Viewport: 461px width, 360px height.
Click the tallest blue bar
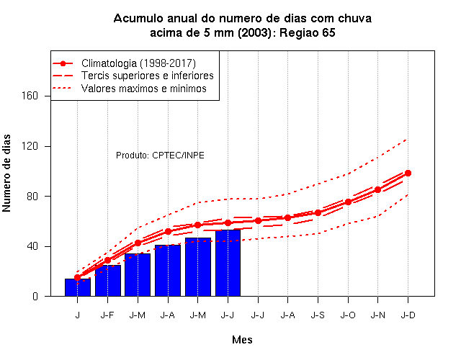[228, 263]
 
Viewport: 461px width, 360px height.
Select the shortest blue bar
[78, 287]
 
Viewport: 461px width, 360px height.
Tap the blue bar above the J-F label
[108, 281]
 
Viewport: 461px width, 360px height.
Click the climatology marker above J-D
[408, 173]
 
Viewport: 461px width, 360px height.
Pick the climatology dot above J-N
[377, 190]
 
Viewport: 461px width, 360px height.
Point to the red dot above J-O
[348, 202]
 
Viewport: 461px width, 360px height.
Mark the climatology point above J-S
[318, 213]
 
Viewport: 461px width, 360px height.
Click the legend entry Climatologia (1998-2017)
[138, 63]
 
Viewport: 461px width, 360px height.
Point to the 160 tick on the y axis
[30, 96]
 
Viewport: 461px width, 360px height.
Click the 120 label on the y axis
[30, 146]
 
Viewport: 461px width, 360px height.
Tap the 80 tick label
[32, 197]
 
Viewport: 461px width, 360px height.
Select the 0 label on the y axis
[35, 296]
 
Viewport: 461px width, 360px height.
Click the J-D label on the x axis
[408, 315]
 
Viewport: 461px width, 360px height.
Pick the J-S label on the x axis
[318, 315]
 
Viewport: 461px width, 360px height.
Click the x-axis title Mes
[242, 340]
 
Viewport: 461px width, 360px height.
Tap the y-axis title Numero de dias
[6, 174]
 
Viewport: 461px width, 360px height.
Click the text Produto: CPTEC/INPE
[160, 156]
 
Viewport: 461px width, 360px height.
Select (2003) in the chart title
[254, 32]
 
